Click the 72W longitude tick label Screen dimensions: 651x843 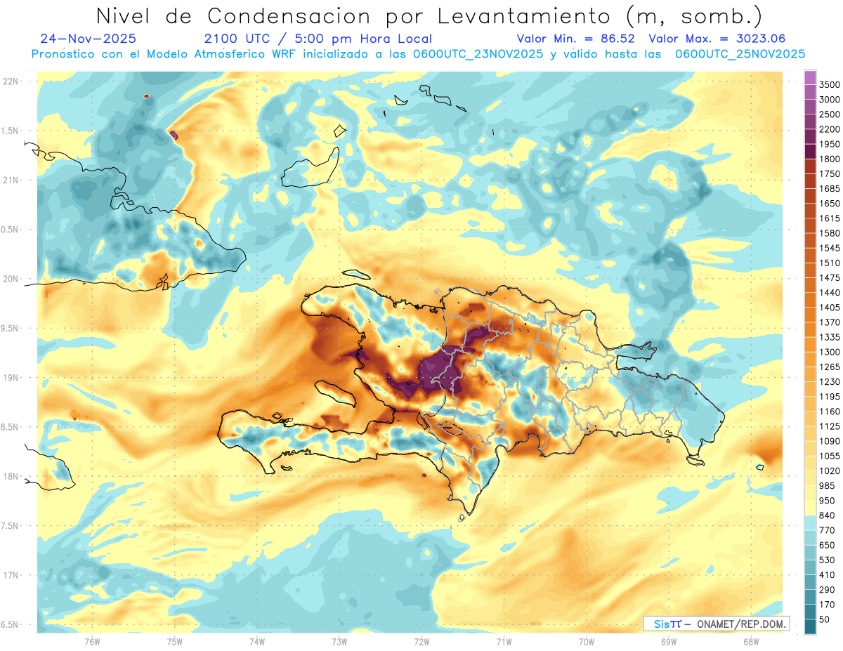tap(421, 641)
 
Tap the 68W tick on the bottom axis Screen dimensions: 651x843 tap(750, 641)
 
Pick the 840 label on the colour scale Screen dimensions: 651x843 tap(827, 515)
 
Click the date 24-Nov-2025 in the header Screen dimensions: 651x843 tap(89, 39)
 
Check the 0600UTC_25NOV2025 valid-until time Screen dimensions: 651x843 tap(740, 54)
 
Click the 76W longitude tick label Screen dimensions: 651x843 tap(91, 641)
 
